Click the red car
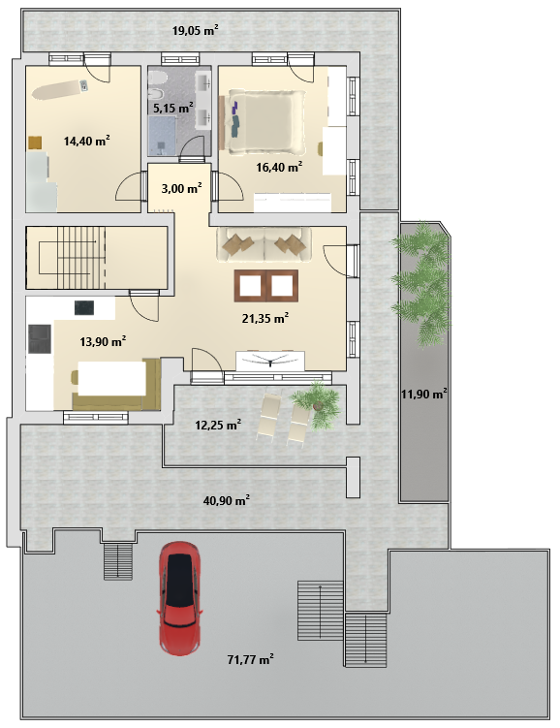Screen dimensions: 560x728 [180, 598]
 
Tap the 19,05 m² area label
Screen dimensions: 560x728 [196, 31]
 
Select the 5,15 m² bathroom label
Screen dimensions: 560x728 [173, 109]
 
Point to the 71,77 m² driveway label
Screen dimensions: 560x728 [250, 659]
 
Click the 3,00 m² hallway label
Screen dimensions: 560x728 [181, 188]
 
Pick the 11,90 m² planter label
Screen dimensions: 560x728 [424, 395]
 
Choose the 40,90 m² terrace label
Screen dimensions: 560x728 [227, 500]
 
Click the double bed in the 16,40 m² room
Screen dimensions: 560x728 [264, 121]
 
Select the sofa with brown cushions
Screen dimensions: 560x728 [264, 243]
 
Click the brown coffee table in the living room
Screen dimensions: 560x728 [266, 286]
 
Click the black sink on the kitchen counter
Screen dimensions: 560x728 [84, 307]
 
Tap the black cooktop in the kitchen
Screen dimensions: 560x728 [40, 339]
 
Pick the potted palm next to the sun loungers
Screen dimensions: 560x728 [318, 403]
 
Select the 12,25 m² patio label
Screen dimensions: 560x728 [218, 425]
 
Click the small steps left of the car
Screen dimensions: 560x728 [118, 561]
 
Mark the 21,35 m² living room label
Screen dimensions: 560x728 [265, 318]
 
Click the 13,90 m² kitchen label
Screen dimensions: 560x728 [103, 342]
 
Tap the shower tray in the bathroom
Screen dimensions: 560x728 [162, 135]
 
